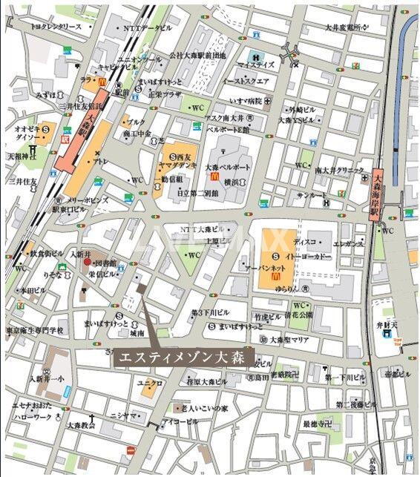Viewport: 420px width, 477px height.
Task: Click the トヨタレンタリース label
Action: point(56,27)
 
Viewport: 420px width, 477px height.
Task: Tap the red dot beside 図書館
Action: point(87,262)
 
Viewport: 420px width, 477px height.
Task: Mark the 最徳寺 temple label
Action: point(315,424)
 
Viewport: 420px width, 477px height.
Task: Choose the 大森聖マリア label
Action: point(289,340)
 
